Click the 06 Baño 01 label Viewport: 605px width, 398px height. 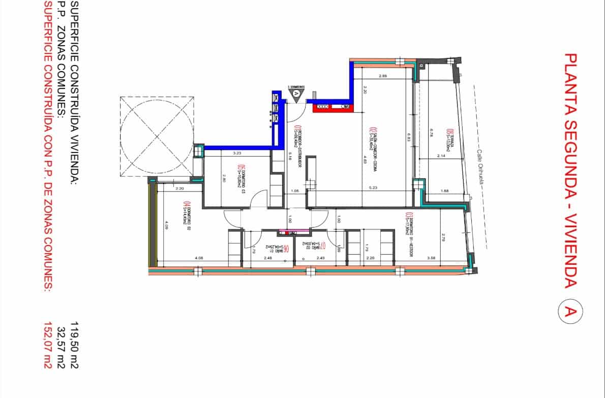[287, 249]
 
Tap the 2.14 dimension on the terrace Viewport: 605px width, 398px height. [441, 156]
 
